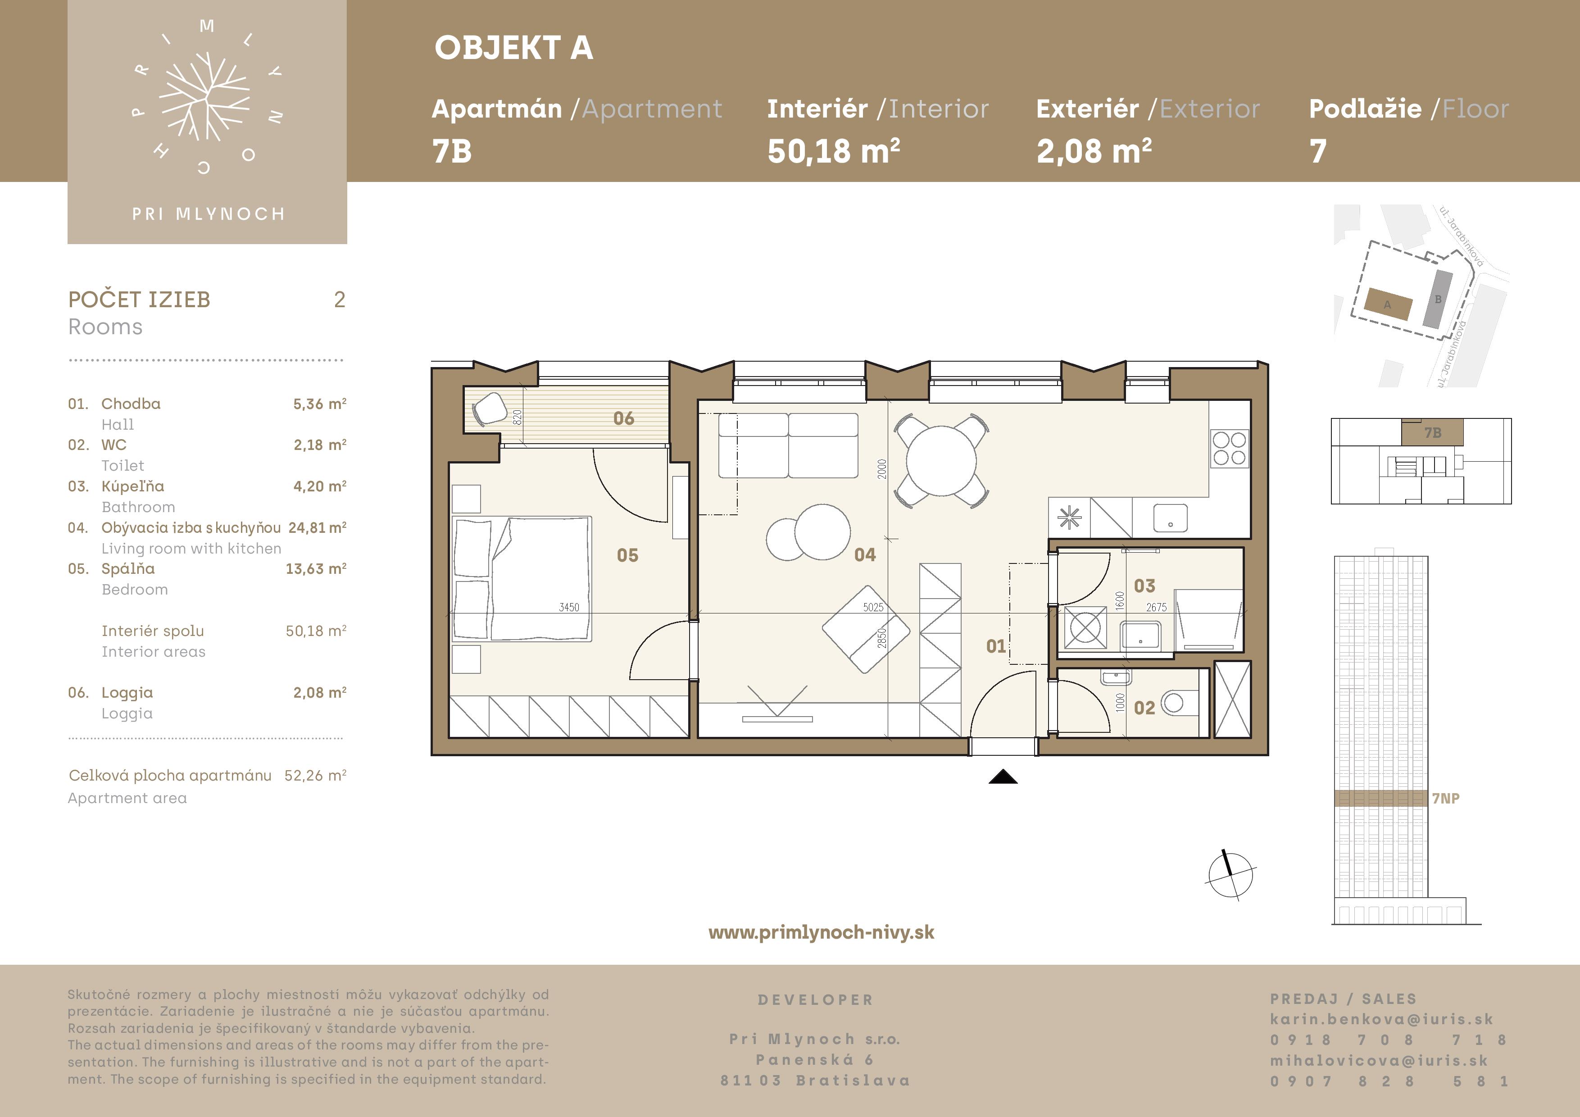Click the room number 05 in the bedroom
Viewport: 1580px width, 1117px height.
click(x=627, y=555)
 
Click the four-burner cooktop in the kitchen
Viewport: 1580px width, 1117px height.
click(x=1229, y=448)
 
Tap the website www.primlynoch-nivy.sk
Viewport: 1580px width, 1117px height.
click(x=821, y=932)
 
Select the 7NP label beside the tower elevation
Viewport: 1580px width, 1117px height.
click(x=1445, y=799)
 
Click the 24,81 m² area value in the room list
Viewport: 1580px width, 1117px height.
click(x=317, y=528)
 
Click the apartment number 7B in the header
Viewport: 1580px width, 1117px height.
click(x=452, y=151)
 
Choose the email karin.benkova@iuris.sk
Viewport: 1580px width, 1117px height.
click(x=1382, y=1019)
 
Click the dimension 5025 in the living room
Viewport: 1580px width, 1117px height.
click(x=873, y=607)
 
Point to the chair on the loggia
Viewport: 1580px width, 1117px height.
click(x=490, y=409)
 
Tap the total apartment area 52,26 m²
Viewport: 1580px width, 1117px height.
click(x=315, y=776)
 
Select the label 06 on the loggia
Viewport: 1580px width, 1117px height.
click(x=623, y=418)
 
